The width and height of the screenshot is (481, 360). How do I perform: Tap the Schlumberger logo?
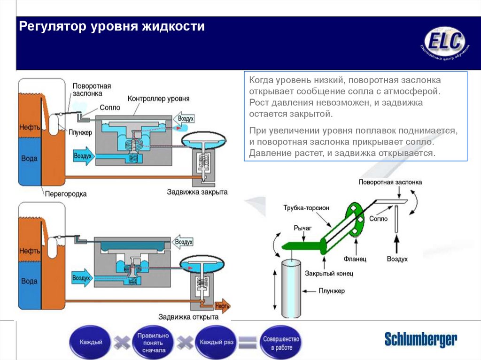pos(420,339)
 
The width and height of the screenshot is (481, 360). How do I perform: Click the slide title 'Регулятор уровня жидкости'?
pos(112,26)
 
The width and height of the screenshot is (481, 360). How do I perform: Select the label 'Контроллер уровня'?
pos(159,99)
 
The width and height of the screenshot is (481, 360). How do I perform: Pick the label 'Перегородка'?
pos(66,193)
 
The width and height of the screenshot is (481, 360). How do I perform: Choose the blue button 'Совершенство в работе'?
pos(281,342)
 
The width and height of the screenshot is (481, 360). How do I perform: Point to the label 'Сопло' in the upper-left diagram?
pos(110,107)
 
